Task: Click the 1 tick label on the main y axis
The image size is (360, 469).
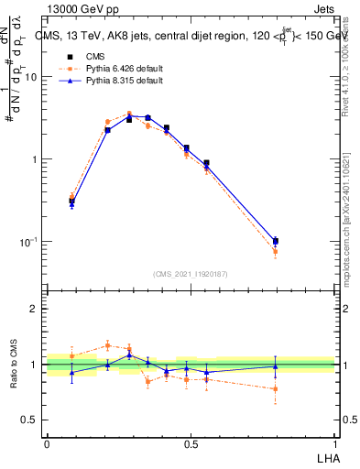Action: pos(36,159)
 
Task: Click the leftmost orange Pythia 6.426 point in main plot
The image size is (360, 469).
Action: pos(72,196)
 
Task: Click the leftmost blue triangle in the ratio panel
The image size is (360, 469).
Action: pos(72,372)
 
